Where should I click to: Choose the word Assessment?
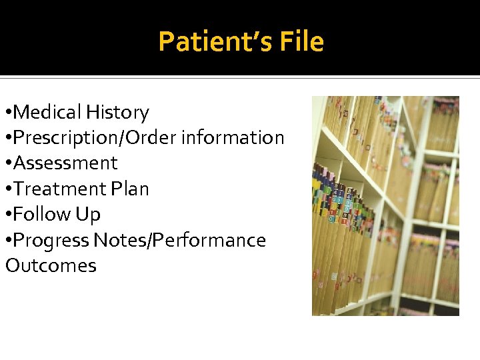click(65, 163)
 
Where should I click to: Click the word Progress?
click(52, 240)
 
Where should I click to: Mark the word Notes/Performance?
click(180, 240)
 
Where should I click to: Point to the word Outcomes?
click(51, 265)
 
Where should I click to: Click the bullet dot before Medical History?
click(8, 113)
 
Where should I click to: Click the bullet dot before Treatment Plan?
click(8, 189)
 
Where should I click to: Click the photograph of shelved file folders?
click(385, 205)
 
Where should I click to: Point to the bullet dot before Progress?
click(8, 241)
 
